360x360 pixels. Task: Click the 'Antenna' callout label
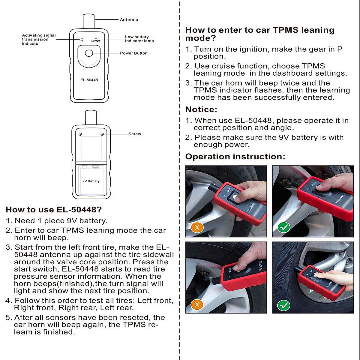(x=129, y=20)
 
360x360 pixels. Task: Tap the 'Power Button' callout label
(x=133, y=53)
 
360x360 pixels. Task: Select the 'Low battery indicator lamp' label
(x=139, y=39)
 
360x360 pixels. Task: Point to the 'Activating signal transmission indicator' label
(x=39, y=39)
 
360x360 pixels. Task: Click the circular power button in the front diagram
(x=89, y=53)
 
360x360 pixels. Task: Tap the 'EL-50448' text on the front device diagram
(x=89, y=80)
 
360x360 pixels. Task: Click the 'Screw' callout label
(x=134, y=134)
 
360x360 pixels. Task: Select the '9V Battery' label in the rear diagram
(x=91, y=181)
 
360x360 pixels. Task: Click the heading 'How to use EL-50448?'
(x=54, y=210)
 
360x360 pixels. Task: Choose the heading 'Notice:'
(x=201, y=109)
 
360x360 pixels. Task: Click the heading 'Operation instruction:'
(x=235, y=157)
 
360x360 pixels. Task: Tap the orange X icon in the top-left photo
(x=197, y=227)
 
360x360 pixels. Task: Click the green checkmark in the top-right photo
(x=284, y=227)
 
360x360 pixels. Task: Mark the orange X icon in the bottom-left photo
(x=197, y=305)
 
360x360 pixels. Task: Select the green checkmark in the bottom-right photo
(x=284, y=306)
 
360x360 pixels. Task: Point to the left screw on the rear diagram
(x=80, y=134)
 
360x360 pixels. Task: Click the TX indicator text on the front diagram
(x=82, y=41)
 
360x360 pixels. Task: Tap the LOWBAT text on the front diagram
(x=96, y=41)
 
